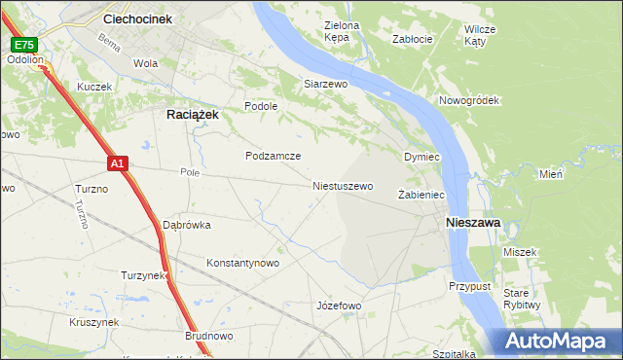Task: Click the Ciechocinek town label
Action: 137,18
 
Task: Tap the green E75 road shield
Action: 24,45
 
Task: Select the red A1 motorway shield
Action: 116,164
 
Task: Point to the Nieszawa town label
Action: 472,223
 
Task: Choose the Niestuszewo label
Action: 342,186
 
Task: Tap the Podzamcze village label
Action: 273,156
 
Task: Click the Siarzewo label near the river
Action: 325,85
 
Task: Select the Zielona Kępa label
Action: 342,32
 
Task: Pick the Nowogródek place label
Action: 468,100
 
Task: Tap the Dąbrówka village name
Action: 187,225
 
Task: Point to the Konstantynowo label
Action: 243,263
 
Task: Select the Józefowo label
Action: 339,306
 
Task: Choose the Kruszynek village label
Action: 94,322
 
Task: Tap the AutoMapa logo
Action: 558,342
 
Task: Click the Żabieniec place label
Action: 421,196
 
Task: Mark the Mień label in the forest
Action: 551,175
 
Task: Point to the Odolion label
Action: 25,59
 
